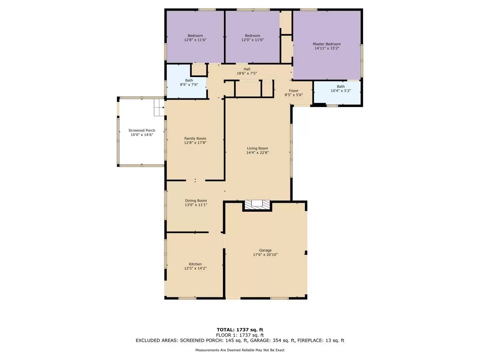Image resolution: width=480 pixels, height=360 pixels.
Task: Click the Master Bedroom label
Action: [x=327, y=44]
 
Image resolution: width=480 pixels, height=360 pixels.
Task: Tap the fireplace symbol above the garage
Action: [x=257, y=204]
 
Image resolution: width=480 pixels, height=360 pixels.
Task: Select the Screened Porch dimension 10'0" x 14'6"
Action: [x=142, y=135]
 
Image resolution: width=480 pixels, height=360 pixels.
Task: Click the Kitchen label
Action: [x=195, y=264]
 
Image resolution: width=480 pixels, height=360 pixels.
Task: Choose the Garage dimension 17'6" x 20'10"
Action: [x=265, y=255]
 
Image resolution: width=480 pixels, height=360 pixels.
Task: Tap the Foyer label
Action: [x=294, y=91]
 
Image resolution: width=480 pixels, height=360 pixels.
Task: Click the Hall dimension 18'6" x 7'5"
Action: [x=247, y=73]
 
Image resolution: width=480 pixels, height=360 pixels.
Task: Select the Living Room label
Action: [x=257, y=148]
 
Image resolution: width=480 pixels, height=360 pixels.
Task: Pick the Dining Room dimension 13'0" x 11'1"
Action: [x=196, y=205]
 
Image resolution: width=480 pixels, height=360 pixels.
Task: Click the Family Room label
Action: [x=195, y=138]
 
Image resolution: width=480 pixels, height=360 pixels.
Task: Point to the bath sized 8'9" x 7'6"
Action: [x=189, y=82]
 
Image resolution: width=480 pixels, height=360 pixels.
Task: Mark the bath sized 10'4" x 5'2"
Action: [x=341, y=89]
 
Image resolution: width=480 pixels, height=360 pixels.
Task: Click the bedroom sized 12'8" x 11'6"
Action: [x=195, y=38]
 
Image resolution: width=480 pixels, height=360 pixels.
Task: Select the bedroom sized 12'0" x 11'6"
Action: [x=253, y=38]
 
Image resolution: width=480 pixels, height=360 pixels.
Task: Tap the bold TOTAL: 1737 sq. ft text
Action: [x=240, y=330]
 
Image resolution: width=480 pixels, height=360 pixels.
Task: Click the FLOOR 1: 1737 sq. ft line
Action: [x=240, y=335]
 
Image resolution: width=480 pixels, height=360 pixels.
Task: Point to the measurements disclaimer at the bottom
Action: [x=240, y=350]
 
